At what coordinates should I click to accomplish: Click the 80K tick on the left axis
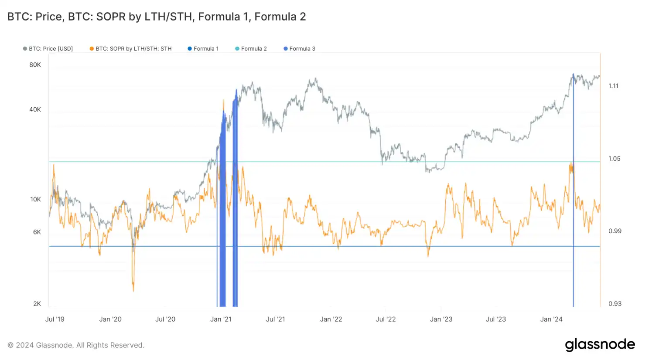(35, 65)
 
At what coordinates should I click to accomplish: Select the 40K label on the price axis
(35, 109)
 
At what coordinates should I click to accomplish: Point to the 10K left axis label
(35, 199)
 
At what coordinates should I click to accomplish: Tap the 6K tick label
(37, 232)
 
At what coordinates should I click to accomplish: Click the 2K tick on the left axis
(37, 304)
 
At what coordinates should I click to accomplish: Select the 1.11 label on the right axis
(613, 86)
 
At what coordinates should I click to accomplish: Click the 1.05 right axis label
(614, 159)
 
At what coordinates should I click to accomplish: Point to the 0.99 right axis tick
(615, 231)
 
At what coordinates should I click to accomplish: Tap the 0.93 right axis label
(615, 304)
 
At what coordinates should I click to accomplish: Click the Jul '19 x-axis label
(55, 319)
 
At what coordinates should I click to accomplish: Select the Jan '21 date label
(221, 319)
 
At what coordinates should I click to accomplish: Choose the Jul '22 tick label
(386, 319)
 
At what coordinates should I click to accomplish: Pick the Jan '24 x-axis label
(551, 319)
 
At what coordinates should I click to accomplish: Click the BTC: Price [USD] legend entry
(48, 49)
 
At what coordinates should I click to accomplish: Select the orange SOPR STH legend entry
(131, 49)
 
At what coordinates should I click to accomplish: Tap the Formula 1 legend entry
(203, 49)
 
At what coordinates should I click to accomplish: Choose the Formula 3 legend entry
(299, 49)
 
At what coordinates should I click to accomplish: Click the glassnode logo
(600, 345)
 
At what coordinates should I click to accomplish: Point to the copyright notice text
(76, 345)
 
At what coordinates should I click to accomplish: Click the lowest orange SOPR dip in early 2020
(133, 291)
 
